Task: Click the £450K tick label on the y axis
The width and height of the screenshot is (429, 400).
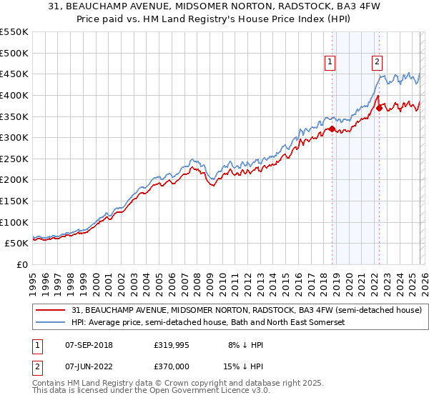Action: click(x=14, y=74)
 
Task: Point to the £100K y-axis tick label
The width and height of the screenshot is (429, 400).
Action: click(x=14, y=222)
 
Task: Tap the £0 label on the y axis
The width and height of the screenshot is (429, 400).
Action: click(x=23, y=264)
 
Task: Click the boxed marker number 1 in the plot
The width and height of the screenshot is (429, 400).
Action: click(x=330, y=62)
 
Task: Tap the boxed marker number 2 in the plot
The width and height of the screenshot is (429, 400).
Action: click(x=376, y=62)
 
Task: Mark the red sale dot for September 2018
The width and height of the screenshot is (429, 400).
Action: click(x=332, y=129)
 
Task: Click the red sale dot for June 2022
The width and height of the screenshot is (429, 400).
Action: click(x=380, y=108)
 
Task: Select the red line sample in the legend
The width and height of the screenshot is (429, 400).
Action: click(x=51, y=310)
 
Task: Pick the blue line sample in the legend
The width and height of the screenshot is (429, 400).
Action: click(x=51, y=323)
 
